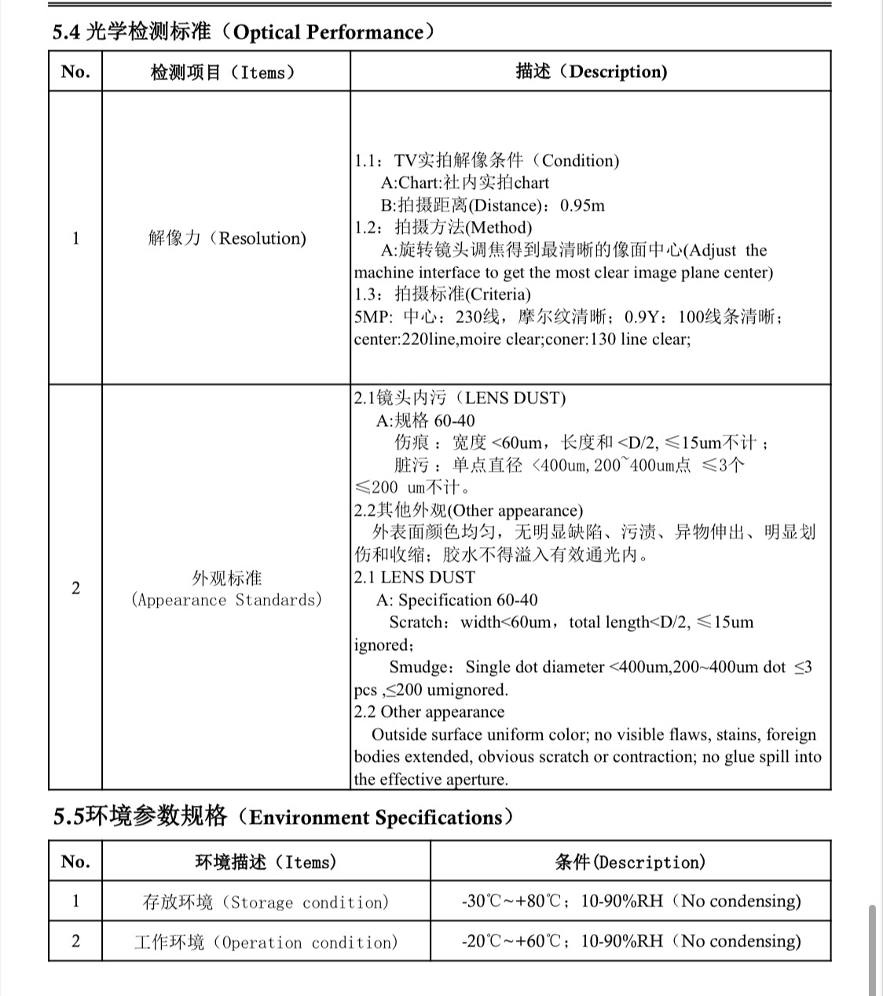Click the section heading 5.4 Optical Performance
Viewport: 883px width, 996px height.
243,32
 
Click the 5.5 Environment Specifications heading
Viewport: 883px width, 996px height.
283,817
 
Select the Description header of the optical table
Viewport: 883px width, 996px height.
591,72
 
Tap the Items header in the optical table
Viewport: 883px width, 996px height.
225,72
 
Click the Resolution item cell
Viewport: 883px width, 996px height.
226,238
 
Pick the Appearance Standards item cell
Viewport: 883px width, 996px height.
226,589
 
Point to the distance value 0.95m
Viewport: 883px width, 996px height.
582,205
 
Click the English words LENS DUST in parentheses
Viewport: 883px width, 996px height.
515,398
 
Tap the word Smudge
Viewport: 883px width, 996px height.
418,667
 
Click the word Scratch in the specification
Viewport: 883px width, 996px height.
416,623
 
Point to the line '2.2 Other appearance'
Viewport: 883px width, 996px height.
429,712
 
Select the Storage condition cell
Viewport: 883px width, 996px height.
266,902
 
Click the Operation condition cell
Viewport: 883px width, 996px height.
266,942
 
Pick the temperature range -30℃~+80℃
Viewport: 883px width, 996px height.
511,901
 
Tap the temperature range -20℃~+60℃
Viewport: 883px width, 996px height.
511,941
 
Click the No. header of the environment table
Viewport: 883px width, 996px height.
75,862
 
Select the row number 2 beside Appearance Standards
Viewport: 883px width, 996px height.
75,588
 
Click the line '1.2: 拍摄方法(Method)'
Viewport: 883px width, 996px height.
443,228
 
